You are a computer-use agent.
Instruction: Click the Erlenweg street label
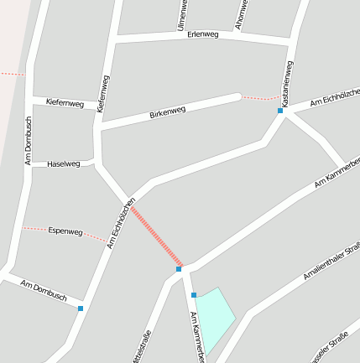pos(203,35)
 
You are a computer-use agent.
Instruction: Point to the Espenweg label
pos(65,231)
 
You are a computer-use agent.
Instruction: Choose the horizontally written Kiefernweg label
pos(65,104)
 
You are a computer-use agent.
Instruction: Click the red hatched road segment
pos(155,236)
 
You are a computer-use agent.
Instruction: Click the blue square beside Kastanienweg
pos(280,111)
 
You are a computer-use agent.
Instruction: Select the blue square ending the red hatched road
pos(179,269)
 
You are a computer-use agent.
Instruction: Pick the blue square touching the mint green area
pos(194,295)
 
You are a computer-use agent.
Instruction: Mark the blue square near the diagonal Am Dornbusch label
pos(81,309)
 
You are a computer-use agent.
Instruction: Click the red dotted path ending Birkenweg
pos(259,99)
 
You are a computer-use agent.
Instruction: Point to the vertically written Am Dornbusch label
pos(28,139)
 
